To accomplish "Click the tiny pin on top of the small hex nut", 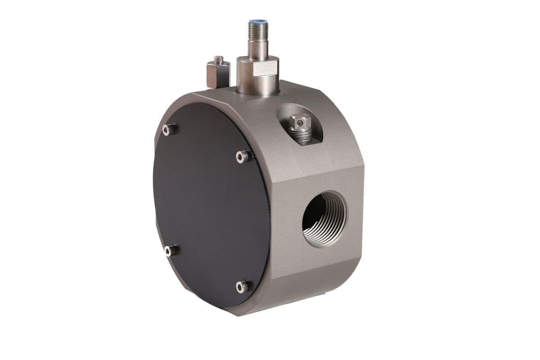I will point(218,58).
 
